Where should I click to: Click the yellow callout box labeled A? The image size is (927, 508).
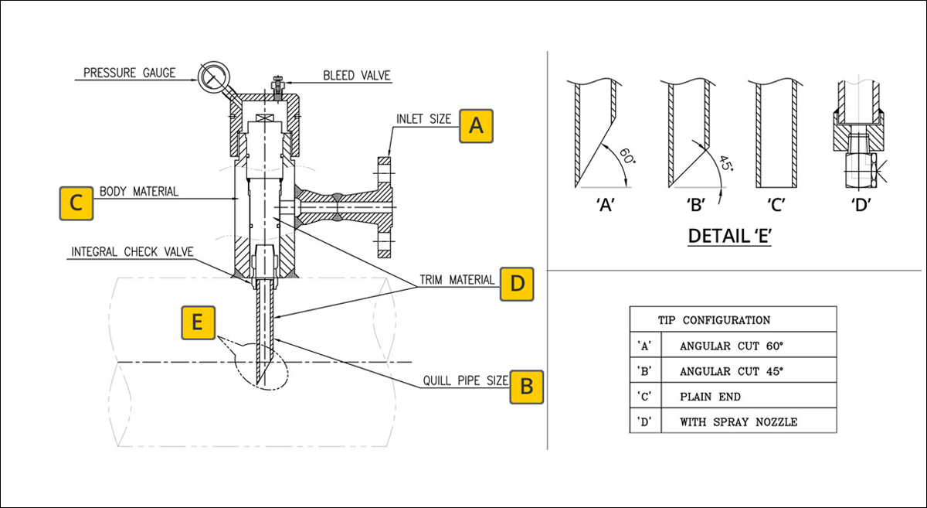(477, 125)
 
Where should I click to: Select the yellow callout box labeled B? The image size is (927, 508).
(526, 385)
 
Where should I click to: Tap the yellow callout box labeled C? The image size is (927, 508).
(76, 203)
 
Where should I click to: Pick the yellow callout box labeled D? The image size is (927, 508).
(517, 284)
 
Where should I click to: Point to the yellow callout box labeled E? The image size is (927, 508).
(198, 322)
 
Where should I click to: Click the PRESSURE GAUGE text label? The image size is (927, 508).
(130, 73)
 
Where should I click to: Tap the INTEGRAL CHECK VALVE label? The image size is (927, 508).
(132, 252)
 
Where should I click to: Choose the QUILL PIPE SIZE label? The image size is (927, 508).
(466, 381)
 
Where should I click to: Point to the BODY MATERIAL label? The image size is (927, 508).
(139, 192)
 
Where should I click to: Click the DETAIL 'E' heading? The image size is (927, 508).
(730, 236)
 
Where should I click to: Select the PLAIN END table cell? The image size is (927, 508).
(710, 396)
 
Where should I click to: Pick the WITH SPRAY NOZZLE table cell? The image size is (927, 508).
(738, 422)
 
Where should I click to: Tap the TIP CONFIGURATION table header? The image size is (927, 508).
(714, 319)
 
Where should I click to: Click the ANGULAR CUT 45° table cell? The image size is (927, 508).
(731, 370)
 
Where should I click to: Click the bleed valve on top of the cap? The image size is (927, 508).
(276, 84)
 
